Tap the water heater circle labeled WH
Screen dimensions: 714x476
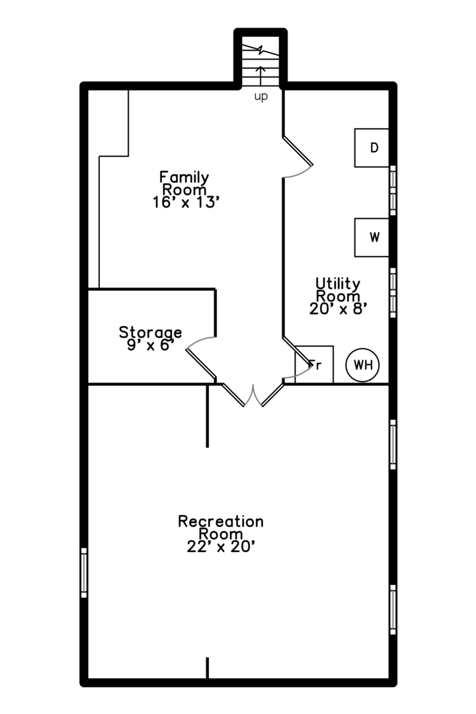point(363,365)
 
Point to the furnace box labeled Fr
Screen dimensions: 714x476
point(315,364)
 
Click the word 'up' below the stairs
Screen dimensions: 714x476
point(261,97)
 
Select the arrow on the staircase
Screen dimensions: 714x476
point(260,74)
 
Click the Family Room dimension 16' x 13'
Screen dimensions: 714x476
point(185,203)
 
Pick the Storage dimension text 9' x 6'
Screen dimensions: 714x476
point(150,344)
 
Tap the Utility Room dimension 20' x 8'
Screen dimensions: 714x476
point(338,307)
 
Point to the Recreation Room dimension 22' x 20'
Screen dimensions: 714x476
point(221,546)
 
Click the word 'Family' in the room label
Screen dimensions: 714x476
point(184,177)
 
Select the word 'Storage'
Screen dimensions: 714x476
point(150,332)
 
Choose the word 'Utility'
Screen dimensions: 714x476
point(338,283)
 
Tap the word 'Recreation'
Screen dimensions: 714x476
point(221,521)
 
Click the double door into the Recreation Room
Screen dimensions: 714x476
point(252,395)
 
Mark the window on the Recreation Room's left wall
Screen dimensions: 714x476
point(84,573)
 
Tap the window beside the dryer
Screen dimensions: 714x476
point(393,190)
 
